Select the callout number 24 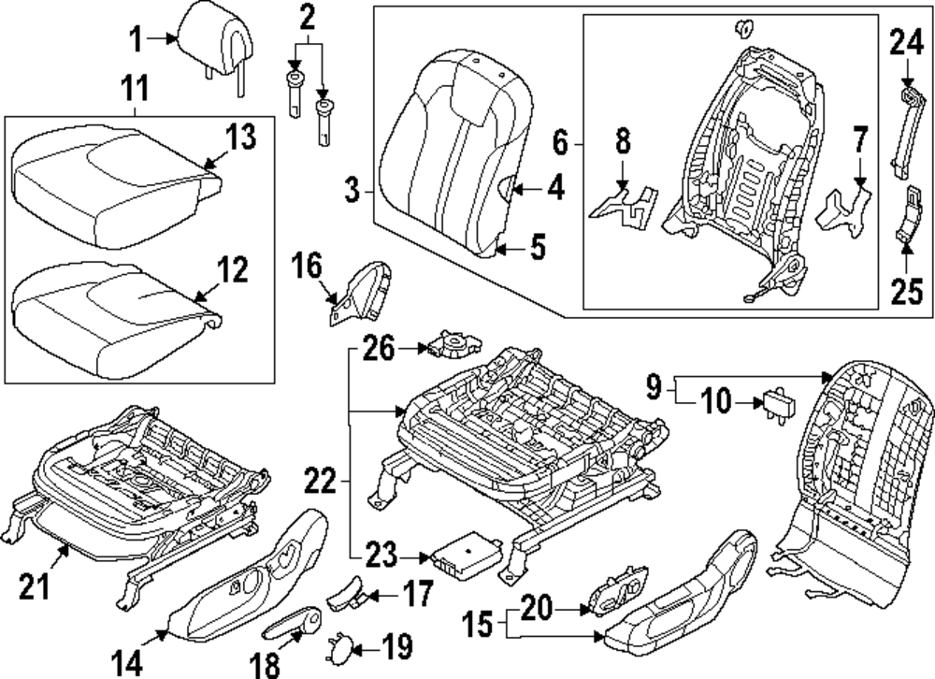point(906,42)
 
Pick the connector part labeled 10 point(778,404)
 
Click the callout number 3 point(352,193)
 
